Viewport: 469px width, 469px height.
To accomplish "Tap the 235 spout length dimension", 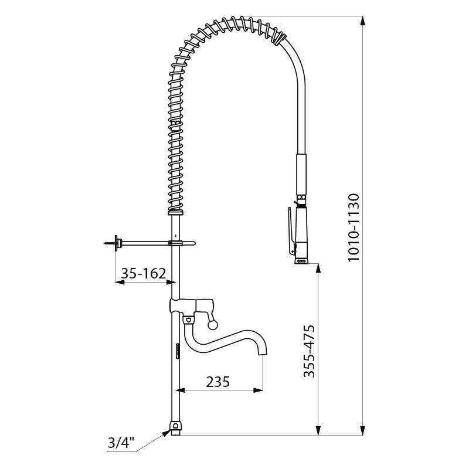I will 217,382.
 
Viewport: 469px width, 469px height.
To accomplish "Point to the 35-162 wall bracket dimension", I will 144,273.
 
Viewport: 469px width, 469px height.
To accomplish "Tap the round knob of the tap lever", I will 213,322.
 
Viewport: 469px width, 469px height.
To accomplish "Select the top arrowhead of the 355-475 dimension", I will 319,267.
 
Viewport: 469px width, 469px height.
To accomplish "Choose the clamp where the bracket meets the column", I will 175,242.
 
